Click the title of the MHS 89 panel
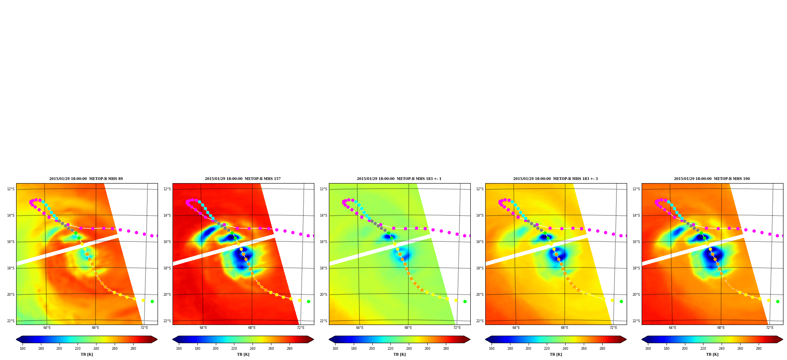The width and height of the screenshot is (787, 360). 86,179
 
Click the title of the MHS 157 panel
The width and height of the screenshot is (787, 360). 243,179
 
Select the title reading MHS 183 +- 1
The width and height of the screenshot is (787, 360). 399,179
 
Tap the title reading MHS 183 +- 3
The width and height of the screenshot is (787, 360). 555,179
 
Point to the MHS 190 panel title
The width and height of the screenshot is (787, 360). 712,179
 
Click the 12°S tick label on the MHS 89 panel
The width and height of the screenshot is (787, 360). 11,189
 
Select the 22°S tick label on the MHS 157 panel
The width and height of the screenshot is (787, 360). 167,321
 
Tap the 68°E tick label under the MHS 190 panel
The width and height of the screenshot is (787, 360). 721,328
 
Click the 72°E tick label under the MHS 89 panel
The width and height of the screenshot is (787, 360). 144,328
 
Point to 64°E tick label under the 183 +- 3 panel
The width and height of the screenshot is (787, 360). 516,328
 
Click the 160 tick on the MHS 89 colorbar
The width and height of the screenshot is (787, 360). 22,349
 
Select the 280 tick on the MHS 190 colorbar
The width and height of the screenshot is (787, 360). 759,349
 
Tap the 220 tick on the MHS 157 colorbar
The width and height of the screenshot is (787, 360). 234,349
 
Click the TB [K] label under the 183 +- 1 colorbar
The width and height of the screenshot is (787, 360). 399,354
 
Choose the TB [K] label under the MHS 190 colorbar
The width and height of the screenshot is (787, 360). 712,354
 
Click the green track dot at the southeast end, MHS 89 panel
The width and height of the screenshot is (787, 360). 152,301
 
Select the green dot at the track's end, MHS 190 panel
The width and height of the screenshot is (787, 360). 778,301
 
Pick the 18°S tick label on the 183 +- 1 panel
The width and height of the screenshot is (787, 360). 323,268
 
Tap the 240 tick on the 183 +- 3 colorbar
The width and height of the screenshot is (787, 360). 565,349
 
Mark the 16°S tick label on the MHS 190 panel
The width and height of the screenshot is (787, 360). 636,242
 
